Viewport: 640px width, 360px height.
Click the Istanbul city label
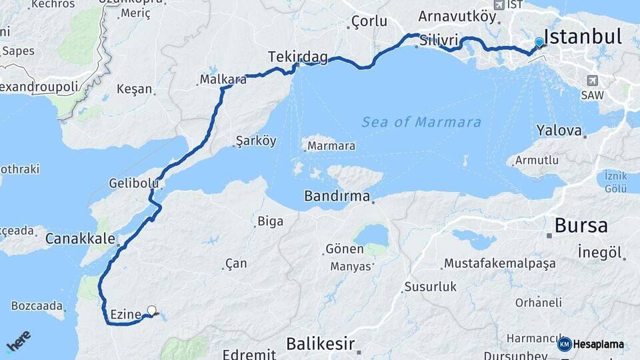(583, 36)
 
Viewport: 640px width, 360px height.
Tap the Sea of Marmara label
(421, 122)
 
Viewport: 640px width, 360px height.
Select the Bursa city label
(581, 225)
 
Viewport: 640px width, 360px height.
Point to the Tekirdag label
(297, 57)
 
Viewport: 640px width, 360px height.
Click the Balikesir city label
(319, 344)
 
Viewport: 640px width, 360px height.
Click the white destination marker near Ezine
(152, 310)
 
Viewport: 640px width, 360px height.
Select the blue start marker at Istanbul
(539, 42)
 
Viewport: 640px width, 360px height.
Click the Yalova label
(559, 131)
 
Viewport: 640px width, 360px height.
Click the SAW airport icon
(591, 81)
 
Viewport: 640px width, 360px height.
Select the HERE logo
(18, 341)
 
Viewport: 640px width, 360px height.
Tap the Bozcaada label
(37, 307)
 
